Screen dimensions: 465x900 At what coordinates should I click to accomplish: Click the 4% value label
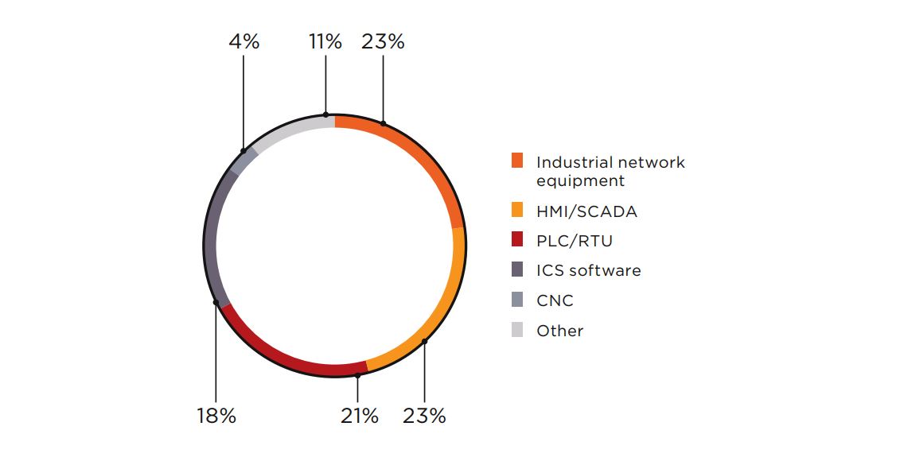[x=244, y=42]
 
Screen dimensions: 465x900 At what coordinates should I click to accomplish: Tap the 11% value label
[x=325, y=42]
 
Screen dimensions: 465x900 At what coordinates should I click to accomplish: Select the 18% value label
[x=216, y=416]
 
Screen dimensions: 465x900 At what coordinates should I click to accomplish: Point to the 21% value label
[x=358, y=416]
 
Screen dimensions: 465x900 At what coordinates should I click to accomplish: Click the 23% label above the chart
[x=383, y=42]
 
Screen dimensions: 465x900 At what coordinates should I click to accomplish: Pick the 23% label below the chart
[x=424, y=416]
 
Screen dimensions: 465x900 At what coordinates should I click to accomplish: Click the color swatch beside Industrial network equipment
[x=517, y=161]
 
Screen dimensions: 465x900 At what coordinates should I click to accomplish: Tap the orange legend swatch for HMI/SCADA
[x=517, y=211]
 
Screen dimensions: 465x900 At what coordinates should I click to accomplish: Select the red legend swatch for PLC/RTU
[x=517, y=240]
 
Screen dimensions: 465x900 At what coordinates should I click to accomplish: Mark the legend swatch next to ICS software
[x=517, y=270]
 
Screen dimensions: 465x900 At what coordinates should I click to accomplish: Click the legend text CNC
[x=555, y=300]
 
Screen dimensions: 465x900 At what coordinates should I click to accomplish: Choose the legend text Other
[x=559, y=331]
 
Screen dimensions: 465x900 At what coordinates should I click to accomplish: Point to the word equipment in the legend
[x=580, y=181]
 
